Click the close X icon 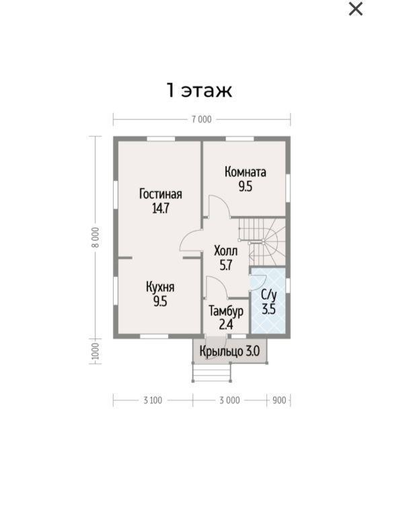(355, 9)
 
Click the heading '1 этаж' (199, 90)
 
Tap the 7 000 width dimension (201, 120)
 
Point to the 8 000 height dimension (96, 236)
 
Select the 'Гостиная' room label (161, 194)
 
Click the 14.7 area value (160, 208)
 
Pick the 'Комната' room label (246, 172)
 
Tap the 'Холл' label (225, 251)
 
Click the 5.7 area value (225, 265)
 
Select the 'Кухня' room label (160, 287)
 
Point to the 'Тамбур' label (225, 311)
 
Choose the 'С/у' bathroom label (268, 295)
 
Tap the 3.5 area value (268, 309)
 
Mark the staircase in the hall (267, 240)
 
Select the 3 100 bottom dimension (153, 400)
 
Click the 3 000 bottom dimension (229, 400)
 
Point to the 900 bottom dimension (279, 400)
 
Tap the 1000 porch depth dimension (96, 351)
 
